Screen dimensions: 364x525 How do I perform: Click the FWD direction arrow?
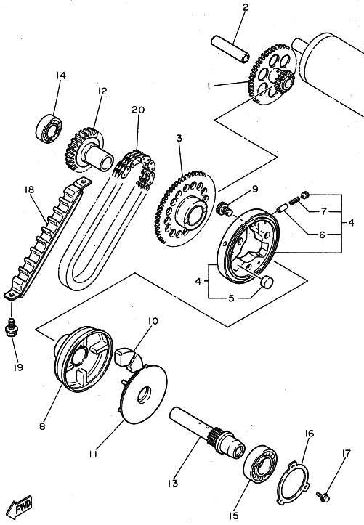[20, 506]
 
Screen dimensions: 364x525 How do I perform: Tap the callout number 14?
[60, 76]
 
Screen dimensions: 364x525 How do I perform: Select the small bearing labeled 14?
[49, 127]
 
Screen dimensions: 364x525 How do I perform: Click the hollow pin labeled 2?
[230, 49]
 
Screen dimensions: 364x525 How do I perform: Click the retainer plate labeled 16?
[292, 482]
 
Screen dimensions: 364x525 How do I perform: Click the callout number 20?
[137, 110]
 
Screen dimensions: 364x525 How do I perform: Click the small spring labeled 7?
[294, 201]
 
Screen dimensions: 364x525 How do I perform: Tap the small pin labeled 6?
[282, 211]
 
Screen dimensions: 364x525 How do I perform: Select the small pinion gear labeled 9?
[224, 208]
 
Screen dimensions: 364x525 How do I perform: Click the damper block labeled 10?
[129, 359]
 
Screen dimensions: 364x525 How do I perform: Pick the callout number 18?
[30, 190]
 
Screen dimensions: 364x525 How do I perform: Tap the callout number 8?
[42, 426]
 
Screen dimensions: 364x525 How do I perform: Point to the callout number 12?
[102, 91]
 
